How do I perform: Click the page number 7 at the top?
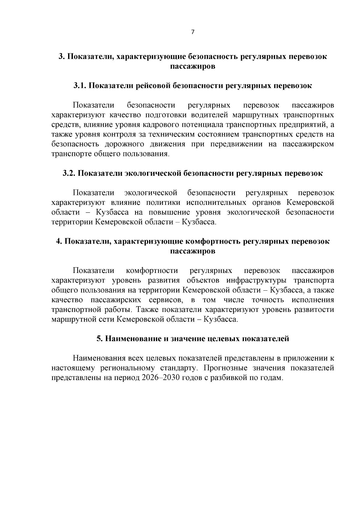pyautogui.click(x=193, y=32)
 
